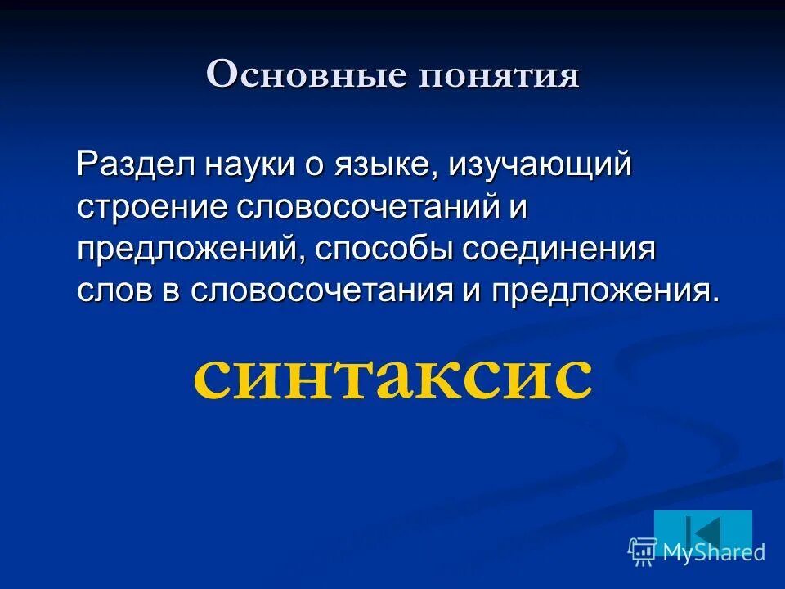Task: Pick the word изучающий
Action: (540, 166)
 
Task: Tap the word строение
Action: (153, 208)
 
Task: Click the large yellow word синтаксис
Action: (392, 375)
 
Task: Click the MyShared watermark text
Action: (713, 552)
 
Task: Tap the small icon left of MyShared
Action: (643, 552)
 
